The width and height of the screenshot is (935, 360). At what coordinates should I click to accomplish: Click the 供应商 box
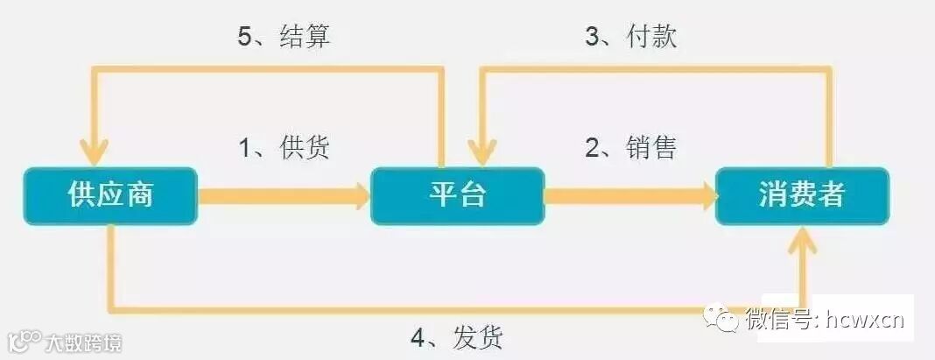pos(111,194)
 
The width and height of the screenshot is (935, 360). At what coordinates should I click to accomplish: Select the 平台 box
pos(458,194)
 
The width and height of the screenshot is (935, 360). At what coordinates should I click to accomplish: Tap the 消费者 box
pos(801,194)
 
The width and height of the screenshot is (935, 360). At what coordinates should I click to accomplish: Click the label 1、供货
pos(284,146)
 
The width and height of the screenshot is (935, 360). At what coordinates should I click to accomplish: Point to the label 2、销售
pos(630,146)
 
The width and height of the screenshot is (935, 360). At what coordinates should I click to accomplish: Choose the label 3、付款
pos(630,36)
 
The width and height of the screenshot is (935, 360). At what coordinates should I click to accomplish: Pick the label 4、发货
pos(456,336)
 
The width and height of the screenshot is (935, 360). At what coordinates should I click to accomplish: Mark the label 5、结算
pos(284,36)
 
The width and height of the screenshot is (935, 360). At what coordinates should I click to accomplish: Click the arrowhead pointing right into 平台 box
pos(360,194)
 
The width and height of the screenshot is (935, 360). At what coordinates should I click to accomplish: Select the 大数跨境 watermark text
pos(85,342)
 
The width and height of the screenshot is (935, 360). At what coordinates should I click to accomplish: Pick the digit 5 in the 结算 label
pos(245,37)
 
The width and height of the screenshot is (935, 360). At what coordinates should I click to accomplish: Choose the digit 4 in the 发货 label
pos(418,337)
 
